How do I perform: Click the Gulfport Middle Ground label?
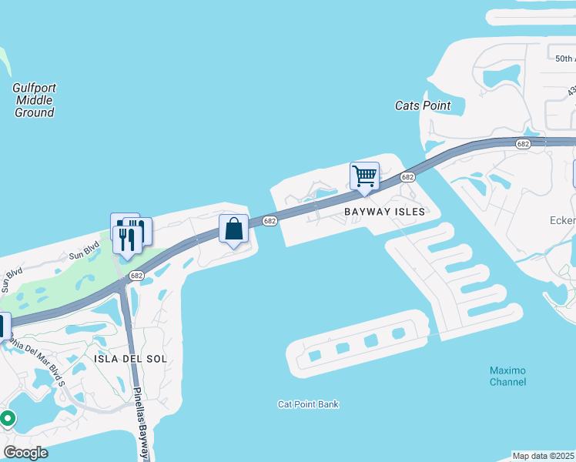pos(35,100)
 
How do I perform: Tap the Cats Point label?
pos(422,105)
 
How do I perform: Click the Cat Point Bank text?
pos(308,404)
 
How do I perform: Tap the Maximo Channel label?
pos(508,376)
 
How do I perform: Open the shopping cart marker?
pos(364,175)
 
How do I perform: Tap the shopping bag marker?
pos(233,228)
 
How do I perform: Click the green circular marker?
pos(8,419)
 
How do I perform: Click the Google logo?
pos(25,453)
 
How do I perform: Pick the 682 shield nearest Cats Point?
pos(524,144)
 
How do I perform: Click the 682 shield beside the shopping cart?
pos(407,177)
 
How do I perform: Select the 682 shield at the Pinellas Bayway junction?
pos(136,275)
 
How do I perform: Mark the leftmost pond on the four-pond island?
pos(315,357)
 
